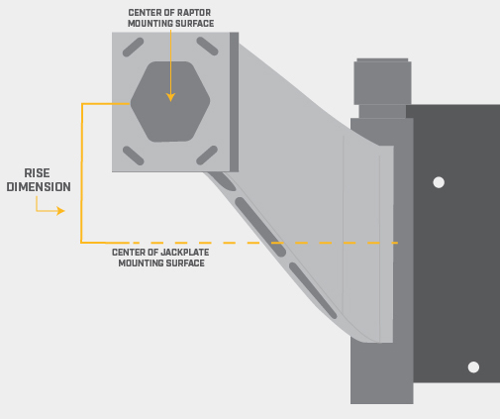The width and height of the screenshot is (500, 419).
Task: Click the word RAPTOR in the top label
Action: [194, 13]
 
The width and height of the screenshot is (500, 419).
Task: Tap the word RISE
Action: [37, 173]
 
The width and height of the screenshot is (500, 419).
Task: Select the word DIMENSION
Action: [39, 187]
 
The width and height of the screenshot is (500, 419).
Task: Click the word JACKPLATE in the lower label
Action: [184, 253]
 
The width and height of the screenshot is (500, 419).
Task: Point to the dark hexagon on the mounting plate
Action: [170, 102]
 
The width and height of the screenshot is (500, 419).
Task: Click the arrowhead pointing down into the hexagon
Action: [170, 97]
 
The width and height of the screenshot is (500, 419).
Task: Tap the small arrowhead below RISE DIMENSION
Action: [60, 211]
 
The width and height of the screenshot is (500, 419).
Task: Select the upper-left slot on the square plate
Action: [133, 48]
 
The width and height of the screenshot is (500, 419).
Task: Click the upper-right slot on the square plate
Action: [207, 47]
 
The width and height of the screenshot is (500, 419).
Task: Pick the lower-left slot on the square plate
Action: [134, 156]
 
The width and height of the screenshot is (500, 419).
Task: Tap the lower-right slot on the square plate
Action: [207, 156]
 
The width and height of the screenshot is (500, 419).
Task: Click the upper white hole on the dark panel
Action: [439, 182]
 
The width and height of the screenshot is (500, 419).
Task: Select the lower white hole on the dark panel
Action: [473, 367]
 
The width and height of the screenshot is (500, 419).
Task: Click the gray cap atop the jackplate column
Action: [382, 81]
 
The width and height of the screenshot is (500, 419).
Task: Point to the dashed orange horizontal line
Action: [263, 243]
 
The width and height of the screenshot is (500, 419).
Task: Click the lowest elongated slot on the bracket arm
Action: [313, 291]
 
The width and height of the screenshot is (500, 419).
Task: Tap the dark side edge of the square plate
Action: [234, 102]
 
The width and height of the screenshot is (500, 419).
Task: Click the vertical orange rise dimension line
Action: [81, 173]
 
